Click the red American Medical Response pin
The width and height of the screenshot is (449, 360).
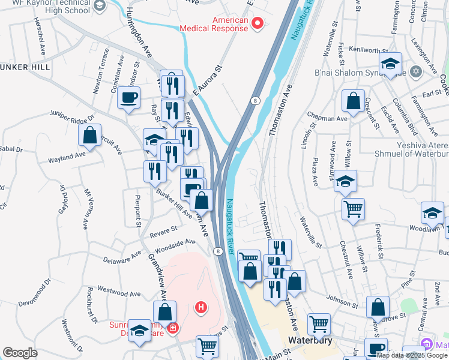pos(258,24)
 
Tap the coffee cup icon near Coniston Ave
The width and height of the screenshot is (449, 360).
pos(130,98)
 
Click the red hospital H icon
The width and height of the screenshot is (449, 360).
pos(201,308)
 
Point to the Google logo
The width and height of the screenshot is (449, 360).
pos(20,353)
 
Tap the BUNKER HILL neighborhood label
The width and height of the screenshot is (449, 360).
pos(25,67)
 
